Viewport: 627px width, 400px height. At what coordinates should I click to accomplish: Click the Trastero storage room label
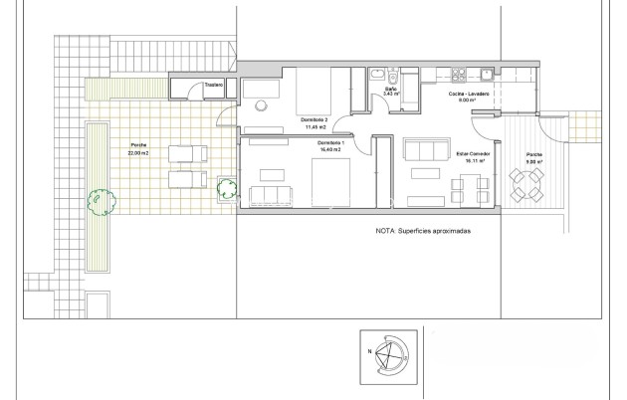point(213,86)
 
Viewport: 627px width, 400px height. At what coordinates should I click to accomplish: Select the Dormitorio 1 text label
point(332,145)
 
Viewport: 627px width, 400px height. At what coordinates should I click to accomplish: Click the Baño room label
point(391,90)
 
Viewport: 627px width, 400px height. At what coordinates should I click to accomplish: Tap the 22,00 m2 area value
point(138,156)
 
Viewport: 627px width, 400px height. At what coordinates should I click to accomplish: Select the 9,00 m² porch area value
point(534,161)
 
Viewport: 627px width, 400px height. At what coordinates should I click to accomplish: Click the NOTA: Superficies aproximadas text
point(423,230)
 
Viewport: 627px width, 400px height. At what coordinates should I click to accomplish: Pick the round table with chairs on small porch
point(527,183)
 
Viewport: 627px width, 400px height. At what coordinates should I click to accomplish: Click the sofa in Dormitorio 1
point(269,192)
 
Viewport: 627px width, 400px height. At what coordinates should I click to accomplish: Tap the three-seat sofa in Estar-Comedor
point(425,151)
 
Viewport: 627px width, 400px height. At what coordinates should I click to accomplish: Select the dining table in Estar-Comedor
point(470,186)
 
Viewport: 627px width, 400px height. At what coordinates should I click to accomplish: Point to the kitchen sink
point(485,73)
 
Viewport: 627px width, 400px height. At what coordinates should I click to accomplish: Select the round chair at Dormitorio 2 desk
point(261,104)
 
